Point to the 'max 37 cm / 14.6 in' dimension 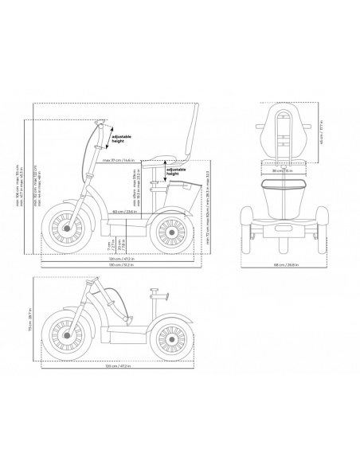pos(118,162)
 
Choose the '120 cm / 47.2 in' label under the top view pos(119,259)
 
